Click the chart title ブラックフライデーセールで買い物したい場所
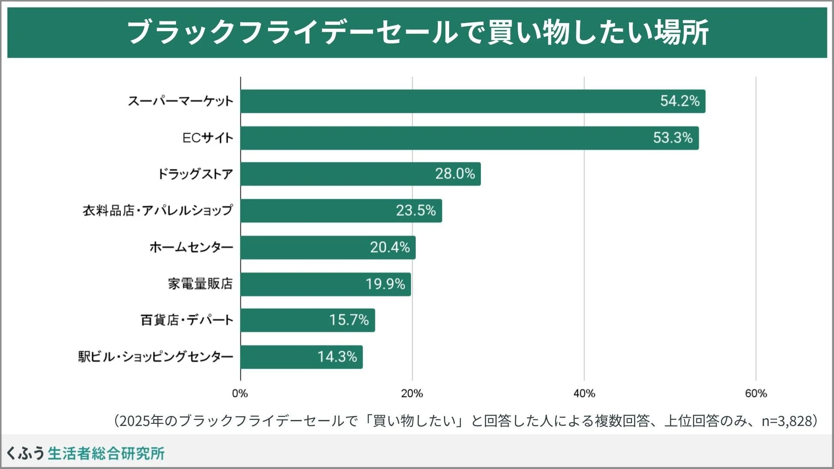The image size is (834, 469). [x=417, y=32]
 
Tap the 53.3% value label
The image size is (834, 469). [x=672, y=138]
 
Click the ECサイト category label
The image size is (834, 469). [x=208, y=138]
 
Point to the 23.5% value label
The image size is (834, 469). [x=415, y=211]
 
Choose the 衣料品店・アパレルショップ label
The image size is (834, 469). [x=158, y=211]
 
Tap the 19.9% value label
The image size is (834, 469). [x=385, y=284]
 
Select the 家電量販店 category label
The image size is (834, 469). [x=200, y=284]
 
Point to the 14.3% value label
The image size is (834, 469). [x=337, y=357]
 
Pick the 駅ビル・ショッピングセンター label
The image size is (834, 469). [x=156, y=357]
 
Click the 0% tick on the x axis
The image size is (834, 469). [x=240, y=393]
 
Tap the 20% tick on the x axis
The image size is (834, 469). [x=412, y=393]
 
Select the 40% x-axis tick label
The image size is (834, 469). [x=584, y=393]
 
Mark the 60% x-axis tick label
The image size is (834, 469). [x=756, y=393]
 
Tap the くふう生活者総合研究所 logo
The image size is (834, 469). [x=85, y=453]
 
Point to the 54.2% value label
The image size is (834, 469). [x=679, y=101]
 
